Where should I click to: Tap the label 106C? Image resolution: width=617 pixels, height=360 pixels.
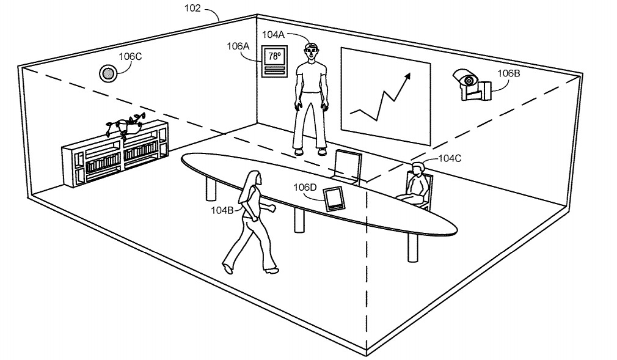(x=130, y=57)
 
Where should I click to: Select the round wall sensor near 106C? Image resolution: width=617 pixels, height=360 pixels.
(x=108, y=73)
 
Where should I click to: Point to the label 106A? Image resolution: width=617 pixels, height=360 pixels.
(x=238, y=45)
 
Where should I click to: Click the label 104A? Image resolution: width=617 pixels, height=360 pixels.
(x=274, y=35)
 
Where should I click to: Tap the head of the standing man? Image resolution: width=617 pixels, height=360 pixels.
(x=312, y=53)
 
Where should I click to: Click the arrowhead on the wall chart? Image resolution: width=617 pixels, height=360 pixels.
(x=406, y=76)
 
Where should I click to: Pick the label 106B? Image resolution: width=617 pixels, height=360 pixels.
(x=508, y=73)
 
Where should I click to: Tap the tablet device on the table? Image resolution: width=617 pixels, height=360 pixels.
(x=334, y=198)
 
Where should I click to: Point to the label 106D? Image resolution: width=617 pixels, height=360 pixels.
(x=305, y=187)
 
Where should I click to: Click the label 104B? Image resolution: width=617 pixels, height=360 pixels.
(x=223, y=210)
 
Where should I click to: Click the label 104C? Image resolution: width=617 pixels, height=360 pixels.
(x=449, y=158)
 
